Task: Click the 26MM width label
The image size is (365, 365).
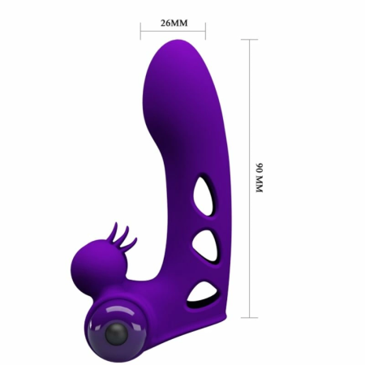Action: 172,22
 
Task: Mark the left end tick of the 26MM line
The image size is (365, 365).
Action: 140,34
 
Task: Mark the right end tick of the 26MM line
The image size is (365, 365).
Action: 204,34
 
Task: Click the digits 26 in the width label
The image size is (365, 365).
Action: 164,22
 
